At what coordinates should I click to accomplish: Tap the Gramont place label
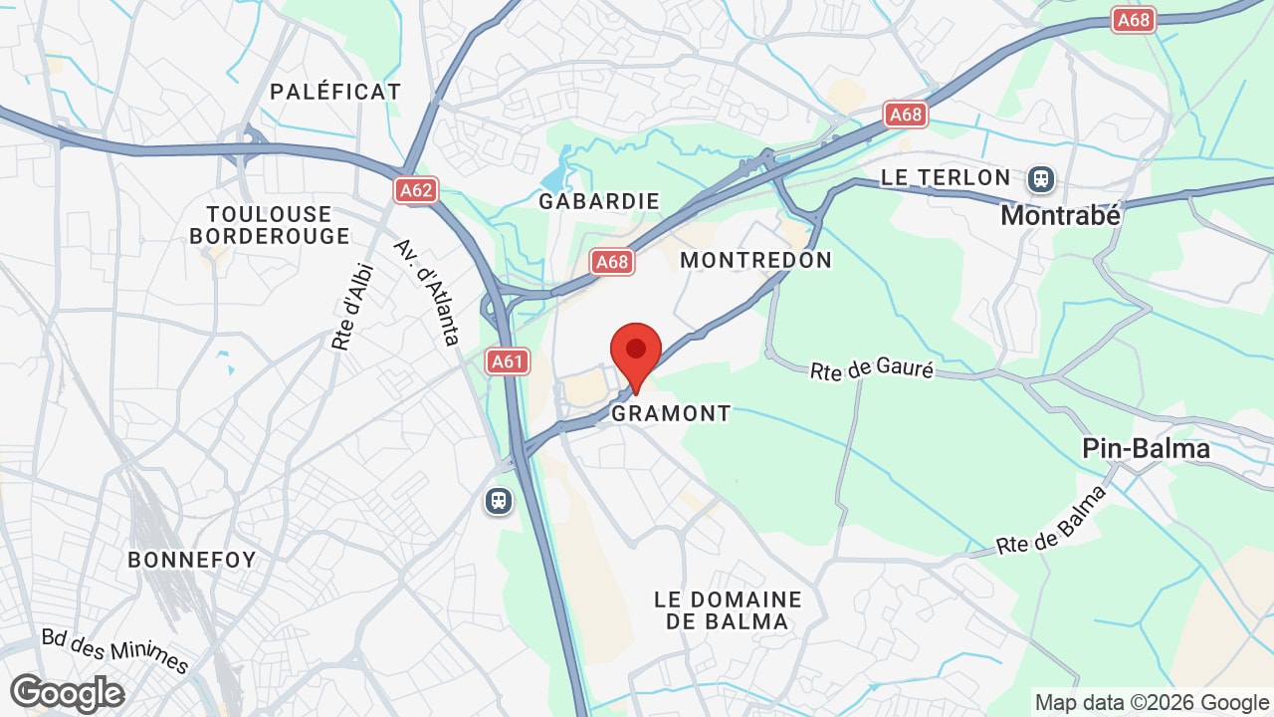click(x=671, y=413)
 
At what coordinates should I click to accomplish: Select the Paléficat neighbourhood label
click(x=335, y=92)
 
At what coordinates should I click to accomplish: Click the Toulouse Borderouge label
click(x=270, y=225)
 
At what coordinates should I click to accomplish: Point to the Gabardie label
click(x=599, y=201)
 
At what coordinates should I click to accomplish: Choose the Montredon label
click(x=755, y=260)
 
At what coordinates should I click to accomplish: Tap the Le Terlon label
click(x=946, y=178)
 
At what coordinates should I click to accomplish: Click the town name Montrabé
click(x=1060, y=215)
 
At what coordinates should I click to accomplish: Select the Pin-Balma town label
click(x=1146, y=449)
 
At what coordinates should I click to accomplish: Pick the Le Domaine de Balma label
click(x=728, y=610)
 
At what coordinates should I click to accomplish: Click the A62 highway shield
click(x=416, y=190)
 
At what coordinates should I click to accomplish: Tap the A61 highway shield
click(x=508, y=360)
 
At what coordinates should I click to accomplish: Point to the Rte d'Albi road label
click(x=352, y=306)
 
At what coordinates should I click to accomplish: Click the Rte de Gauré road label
click(x=872, y=370)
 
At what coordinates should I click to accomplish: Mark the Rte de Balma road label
click(x=1052, y=521)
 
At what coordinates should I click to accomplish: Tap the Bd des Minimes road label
click(x=115, y=649)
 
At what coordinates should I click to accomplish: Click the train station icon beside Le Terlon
click(x=1042, y=179)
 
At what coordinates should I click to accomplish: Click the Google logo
click(x=67, y=693)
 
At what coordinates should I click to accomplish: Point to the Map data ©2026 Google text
click(x=1152, y=703)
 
